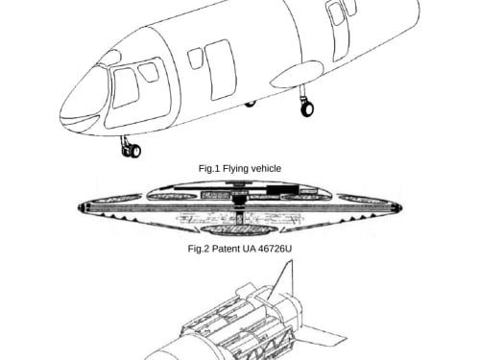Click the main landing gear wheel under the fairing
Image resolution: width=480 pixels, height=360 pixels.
click(307, 108)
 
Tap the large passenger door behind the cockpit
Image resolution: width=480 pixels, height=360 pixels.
click(220, 70)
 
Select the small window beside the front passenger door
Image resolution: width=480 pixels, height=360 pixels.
click(195, 59)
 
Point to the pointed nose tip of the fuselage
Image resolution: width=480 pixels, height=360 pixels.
click(60, 114)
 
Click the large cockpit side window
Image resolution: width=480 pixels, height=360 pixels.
click(126, 87)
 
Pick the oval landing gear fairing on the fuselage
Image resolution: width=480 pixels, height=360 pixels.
click(298, 75)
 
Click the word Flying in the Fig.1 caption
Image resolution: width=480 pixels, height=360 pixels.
click(236, 168)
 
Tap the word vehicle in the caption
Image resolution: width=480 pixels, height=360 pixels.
click(266, 168)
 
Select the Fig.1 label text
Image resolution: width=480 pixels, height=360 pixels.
click(209, 168)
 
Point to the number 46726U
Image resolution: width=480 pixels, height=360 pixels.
click(275, 249)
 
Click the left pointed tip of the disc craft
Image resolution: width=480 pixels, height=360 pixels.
click(79, 207)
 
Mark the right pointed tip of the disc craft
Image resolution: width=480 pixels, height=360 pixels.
click(401, 208)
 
